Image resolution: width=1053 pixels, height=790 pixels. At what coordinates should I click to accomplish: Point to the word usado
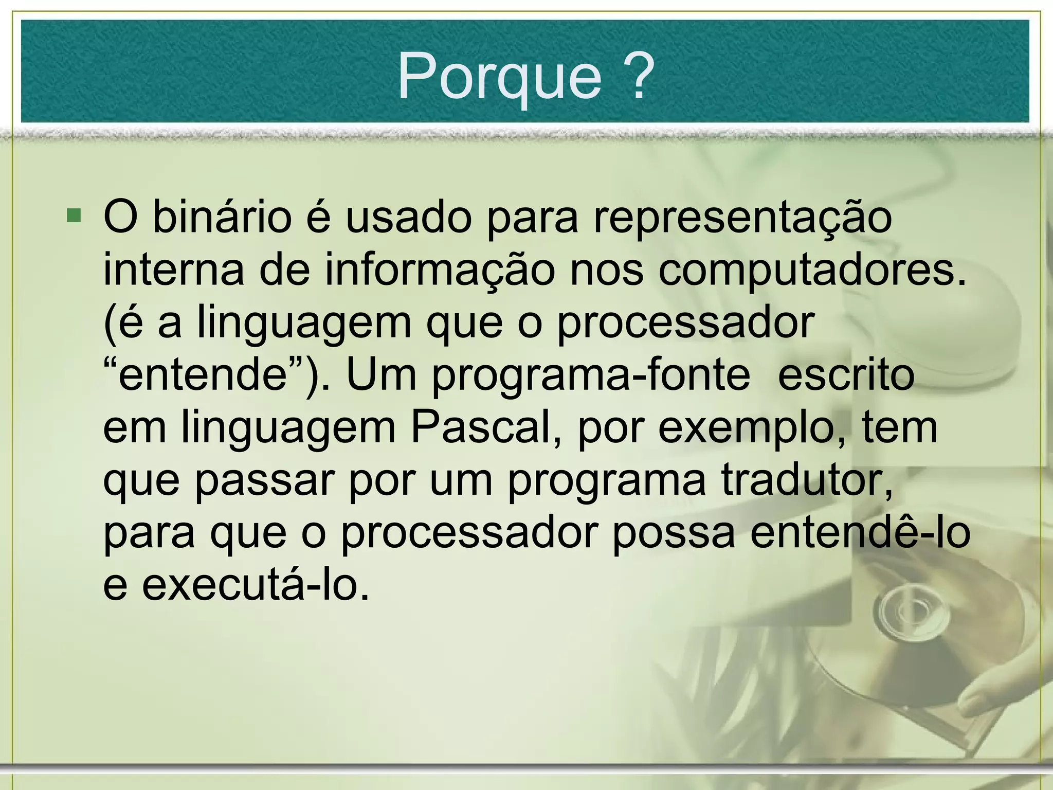click(408, 217)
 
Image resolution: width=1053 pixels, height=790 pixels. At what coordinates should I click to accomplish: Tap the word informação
click(440, 271)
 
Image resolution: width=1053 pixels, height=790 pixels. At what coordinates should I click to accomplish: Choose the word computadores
click(812, 271)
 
